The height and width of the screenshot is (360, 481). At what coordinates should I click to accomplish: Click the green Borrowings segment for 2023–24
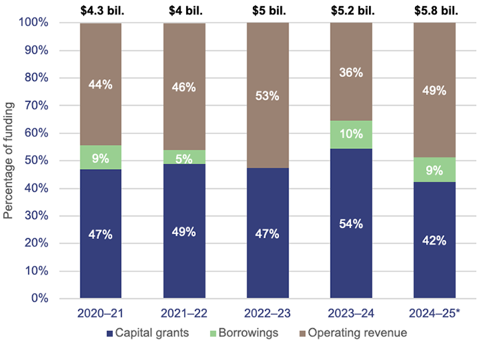350,135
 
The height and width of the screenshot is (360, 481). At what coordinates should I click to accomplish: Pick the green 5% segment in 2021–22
184,157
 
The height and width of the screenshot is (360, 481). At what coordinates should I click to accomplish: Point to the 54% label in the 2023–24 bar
350,224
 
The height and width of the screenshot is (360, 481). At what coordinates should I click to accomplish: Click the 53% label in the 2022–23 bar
267,96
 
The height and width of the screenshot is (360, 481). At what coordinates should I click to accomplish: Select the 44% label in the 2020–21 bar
101,84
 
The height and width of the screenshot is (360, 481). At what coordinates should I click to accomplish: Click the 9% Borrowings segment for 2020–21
101,157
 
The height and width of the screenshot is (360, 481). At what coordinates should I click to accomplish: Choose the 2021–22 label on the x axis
184,313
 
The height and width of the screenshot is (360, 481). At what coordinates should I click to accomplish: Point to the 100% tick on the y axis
33,23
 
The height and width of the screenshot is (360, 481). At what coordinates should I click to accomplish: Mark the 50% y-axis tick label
36,161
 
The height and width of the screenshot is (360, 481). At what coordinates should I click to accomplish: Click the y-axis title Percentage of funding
9,161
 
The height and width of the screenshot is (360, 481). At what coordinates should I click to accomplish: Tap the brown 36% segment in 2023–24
350,71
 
